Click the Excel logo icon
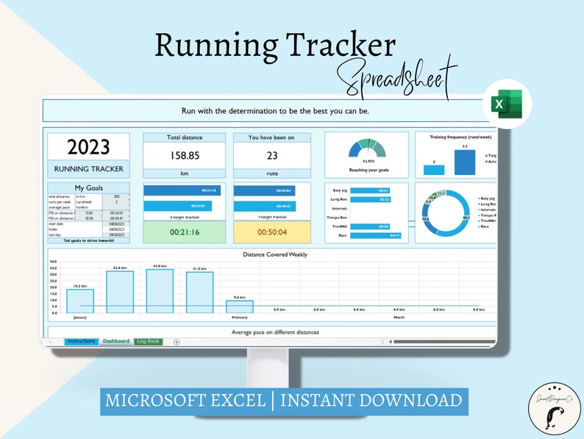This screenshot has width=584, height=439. (x=504, y=104)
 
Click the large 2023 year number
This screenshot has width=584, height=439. (x=88, y=147)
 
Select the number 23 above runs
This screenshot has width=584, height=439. (x=271, y=156)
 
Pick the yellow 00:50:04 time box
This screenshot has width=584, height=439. (x=271, y=232)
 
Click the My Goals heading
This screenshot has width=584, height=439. (x=88, y=188)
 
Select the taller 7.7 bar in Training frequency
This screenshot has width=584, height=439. (x=464, y=162)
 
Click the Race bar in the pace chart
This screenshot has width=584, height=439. (x=375, y=236)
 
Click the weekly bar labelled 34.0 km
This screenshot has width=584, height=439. (x=159, y=290)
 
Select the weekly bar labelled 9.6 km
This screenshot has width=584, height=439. (x=239, y=306)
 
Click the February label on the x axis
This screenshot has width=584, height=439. (x=240, y=318)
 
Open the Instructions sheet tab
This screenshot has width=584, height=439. (x=81, y=341)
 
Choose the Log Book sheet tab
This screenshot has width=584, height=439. (x=148, y=341)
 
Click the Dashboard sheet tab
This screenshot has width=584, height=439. (x=115, y=341)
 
